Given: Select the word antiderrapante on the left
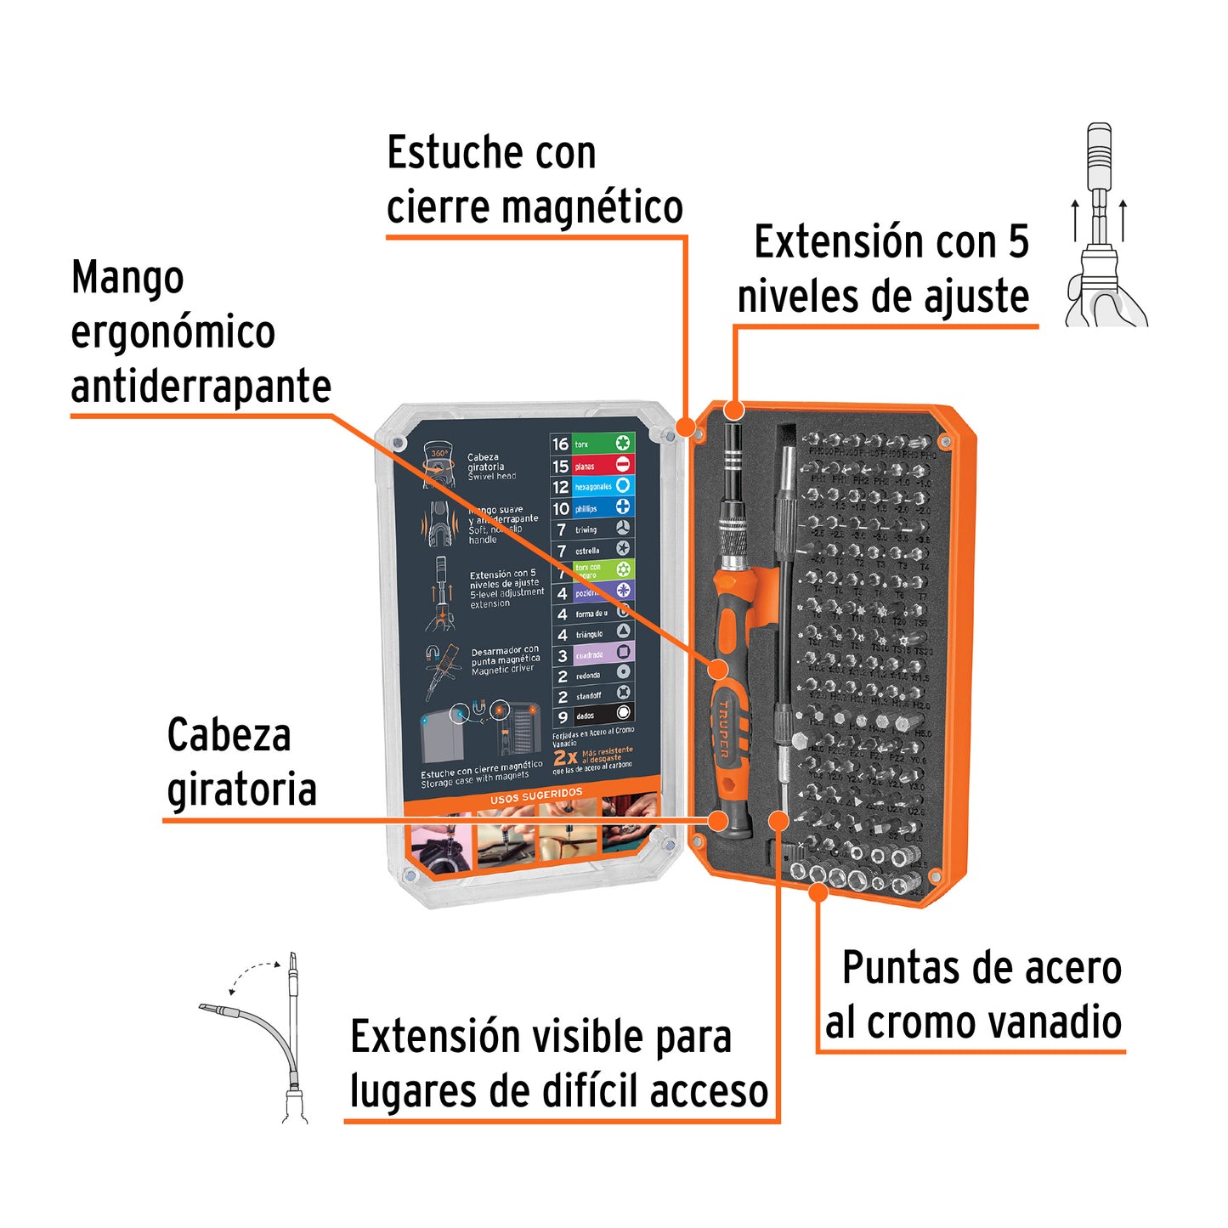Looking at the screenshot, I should click(201, 387).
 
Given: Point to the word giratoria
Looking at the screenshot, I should click(241, 789).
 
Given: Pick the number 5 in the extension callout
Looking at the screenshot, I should click(1018, 242).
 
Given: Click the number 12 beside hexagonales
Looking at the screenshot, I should click(560, 487).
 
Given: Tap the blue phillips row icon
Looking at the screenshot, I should click(623, 507).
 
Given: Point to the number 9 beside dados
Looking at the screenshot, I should click(562, 716).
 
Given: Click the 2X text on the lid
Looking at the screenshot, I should click(564, 757).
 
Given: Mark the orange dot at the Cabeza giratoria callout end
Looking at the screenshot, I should click(718, 820).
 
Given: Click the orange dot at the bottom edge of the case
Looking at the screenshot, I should click(818, 891).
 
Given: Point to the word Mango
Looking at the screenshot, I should click(127, 278).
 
